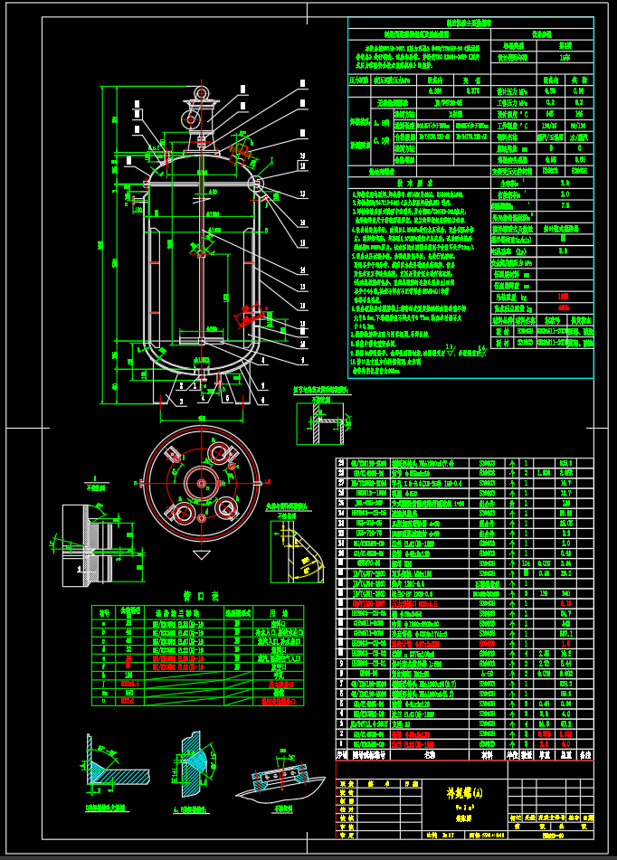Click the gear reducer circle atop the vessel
click(191, 118)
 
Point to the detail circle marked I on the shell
click(256, 184)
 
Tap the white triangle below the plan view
click(201, 553)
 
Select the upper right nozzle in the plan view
click(221, 454)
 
